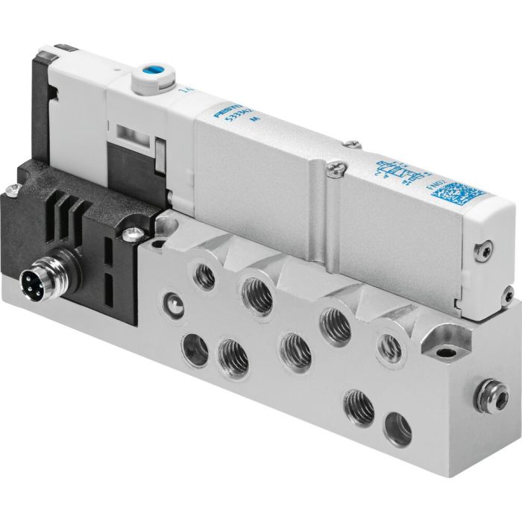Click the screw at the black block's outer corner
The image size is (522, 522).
click(14, 191)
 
